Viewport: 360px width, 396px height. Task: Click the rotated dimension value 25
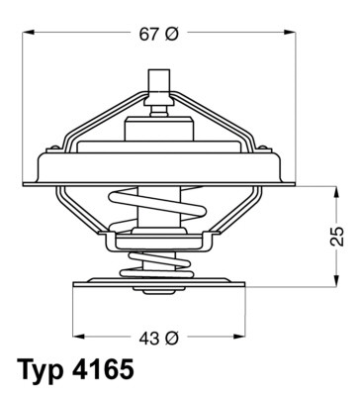pyautogui.click(x=337, y=236)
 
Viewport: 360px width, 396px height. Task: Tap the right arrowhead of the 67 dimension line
pyautogui.click(x=293, y=34)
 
